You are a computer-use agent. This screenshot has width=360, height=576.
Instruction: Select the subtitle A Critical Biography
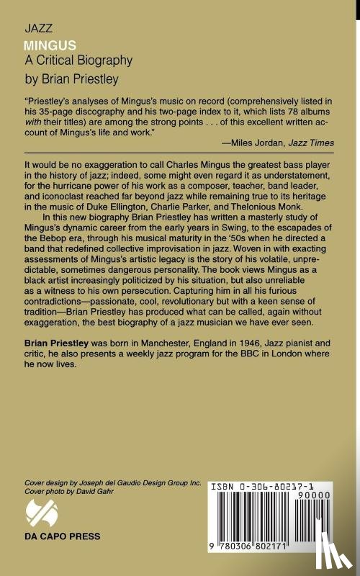tap(78, 61)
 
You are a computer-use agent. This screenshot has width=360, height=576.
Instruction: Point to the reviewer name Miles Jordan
tap(255, 143)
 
